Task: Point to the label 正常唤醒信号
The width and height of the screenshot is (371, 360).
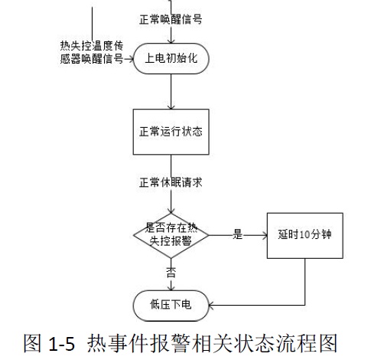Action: point(171,19)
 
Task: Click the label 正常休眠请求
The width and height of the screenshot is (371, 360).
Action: point(171,182)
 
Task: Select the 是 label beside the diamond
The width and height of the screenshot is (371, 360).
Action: point(237,234)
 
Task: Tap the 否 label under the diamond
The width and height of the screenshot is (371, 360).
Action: point(171,272)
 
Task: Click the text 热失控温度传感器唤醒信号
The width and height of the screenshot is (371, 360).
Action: point(92,52)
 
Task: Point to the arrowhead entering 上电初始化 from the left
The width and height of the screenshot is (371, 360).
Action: point(131,59)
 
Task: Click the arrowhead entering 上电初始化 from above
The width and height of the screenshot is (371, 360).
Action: point(171,41)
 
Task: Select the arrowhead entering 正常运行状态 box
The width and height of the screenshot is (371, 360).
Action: point(171,106)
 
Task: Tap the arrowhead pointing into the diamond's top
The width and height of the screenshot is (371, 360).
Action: point(171,211)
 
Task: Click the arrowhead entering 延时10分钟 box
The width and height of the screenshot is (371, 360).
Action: point(265,235)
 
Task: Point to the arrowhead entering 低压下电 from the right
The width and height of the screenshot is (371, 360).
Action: point(212,305)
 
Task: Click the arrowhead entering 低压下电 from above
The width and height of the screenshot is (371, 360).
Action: point(171,288)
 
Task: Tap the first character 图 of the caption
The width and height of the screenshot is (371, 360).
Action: point(32,343)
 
